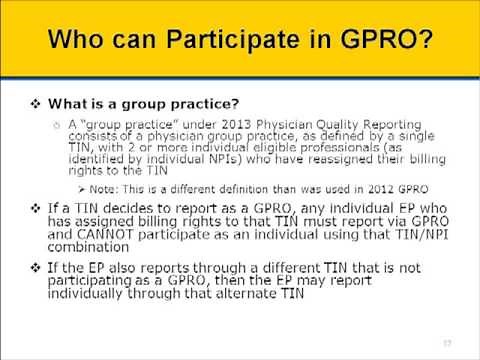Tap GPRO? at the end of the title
[x=380, y=44]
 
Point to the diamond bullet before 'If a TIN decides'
[x=36, y=208]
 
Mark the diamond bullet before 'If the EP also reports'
[x=36, y=267]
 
